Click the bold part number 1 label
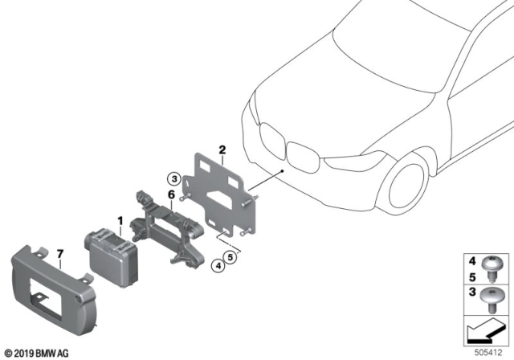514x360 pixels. (x=120, y=219)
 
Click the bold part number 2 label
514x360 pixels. (x=222, y=149)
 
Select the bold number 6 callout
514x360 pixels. (x=170, y=194)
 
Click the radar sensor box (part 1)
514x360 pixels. (x=113, y=249)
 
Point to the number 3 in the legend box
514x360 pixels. (x=472, y=292)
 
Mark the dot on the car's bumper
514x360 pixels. (x=284, y=172)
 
